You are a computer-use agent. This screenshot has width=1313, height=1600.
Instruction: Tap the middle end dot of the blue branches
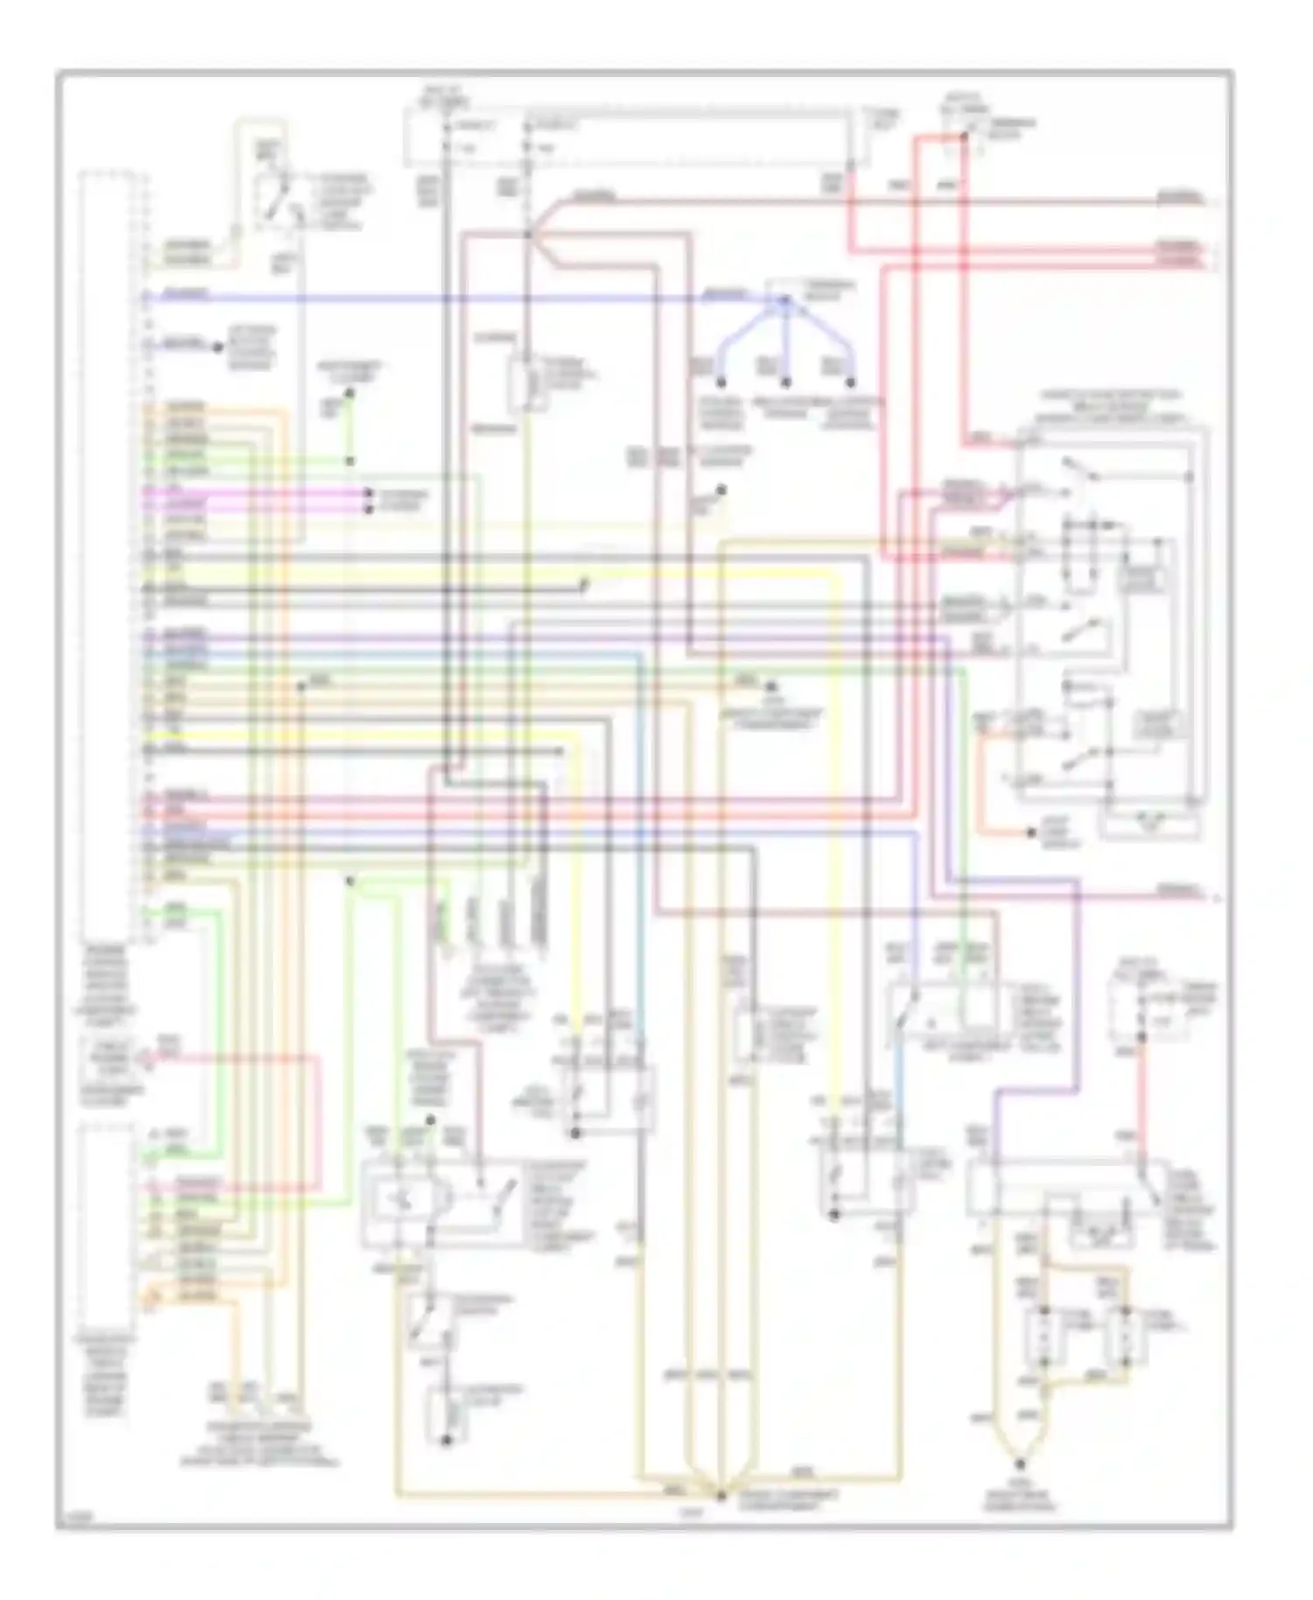pos(786,382)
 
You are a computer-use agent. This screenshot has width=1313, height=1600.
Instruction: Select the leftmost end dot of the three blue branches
pos(722,382)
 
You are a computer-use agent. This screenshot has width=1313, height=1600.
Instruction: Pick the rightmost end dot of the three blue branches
pos(850,382)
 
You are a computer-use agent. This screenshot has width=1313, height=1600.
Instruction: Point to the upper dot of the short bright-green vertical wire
pos(349,394)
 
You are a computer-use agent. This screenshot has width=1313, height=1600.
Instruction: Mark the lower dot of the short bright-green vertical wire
pos(349,460)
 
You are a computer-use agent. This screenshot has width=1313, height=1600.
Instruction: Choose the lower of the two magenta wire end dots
pos(369,507)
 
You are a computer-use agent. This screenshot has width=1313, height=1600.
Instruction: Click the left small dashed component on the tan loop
pos(1043,1337)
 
